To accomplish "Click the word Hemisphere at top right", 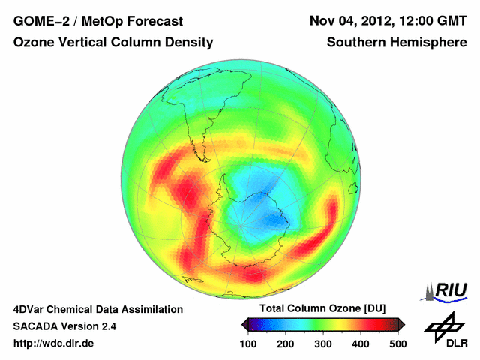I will (430, 43).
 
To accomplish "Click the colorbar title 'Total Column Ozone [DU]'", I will (322, 309).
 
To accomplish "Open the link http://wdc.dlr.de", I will (54, 343).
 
